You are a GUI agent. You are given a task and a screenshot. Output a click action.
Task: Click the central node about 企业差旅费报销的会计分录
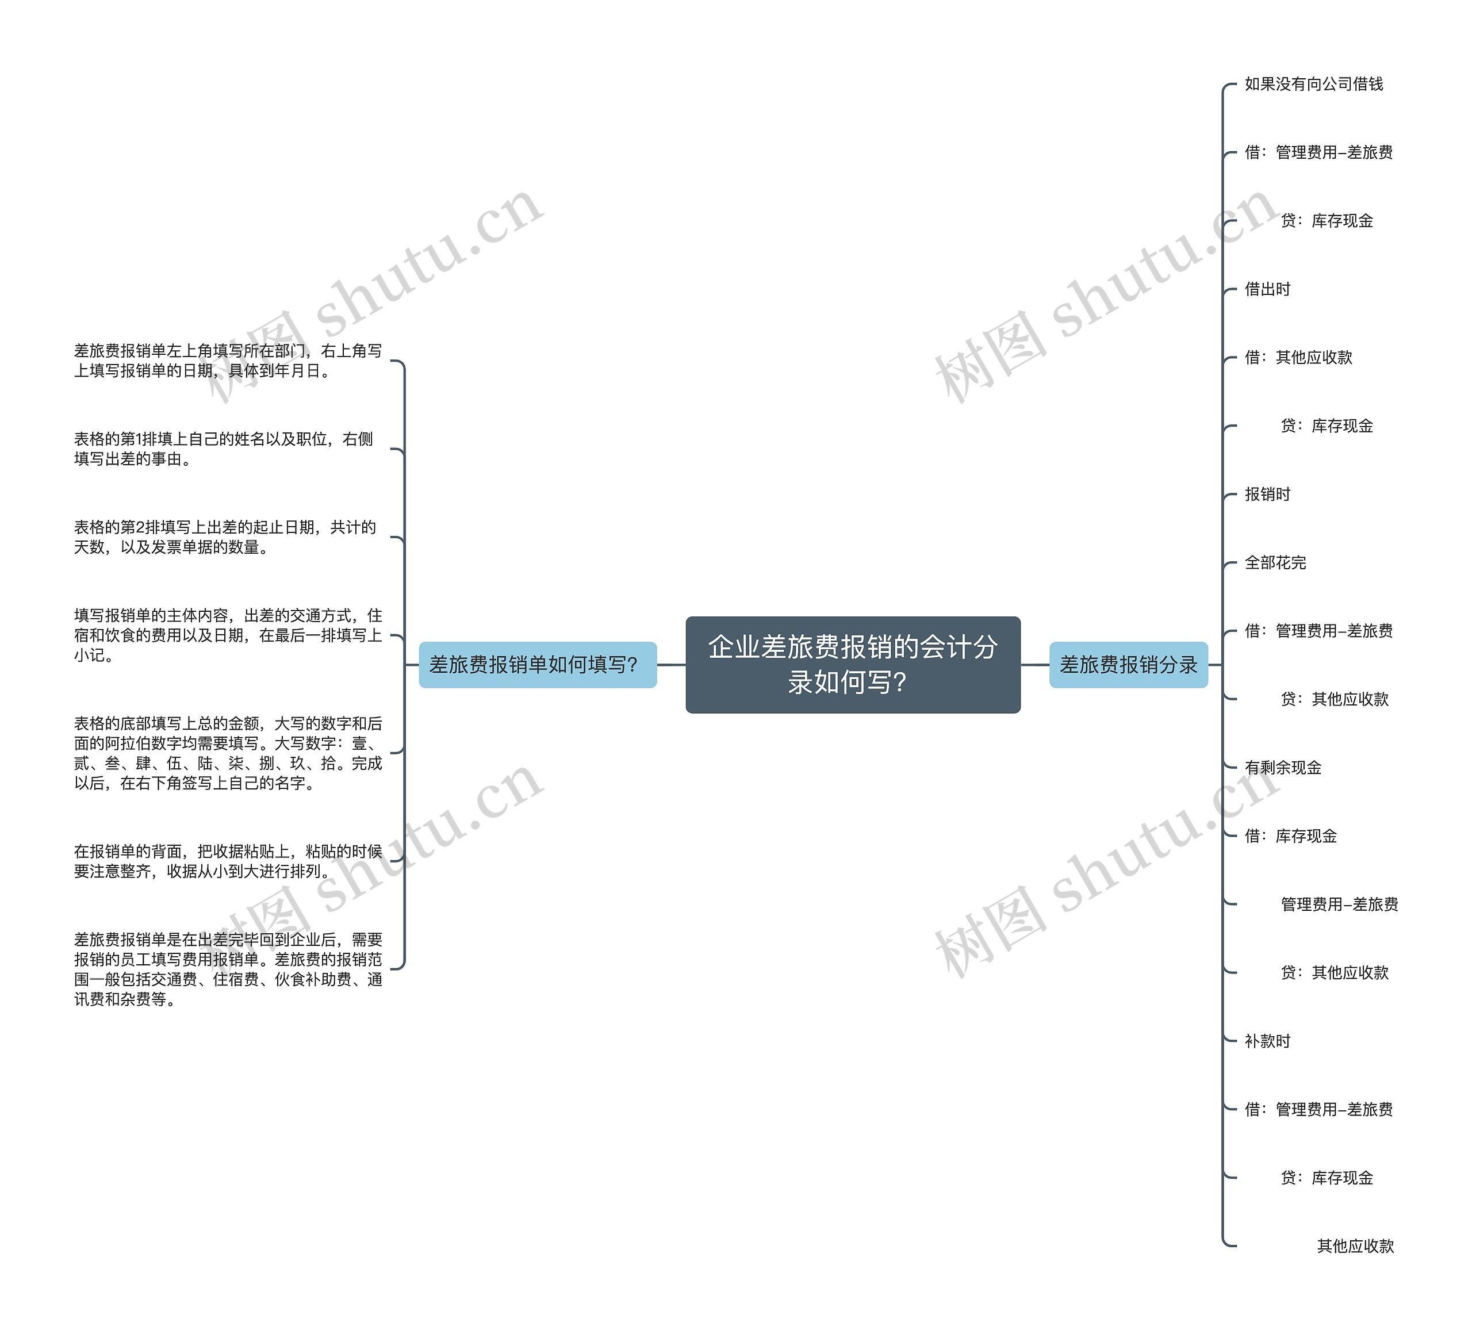(x=852, y=664)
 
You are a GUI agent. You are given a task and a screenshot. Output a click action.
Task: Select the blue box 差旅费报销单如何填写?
(x=538, y=665)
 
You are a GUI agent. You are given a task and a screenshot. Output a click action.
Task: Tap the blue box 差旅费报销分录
(x=1128, y=665)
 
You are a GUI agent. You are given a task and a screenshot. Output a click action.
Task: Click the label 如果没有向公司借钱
(x=1313, y=84)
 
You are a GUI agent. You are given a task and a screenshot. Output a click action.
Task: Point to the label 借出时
(x=1267, y=289)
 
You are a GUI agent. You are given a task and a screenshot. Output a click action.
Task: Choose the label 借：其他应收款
(x=1298, y=357)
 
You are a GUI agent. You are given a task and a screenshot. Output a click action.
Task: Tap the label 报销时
(x=1267, y=495)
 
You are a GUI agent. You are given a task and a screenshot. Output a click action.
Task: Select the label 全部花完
(x=1275, y=562)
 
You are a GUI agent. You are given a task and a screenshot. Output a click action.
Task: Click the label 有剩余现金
(x=1283, y=768)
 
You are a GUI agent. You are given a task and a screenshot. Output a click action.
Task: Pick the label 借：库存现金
(x=1290, y=836)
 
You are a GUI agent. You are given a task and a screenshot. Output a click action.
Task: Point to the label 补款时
(x=1267, y=1041)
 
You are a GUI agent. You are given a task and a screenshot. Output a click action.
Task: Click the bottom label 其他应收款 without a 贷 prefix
(x=1355, y=1246)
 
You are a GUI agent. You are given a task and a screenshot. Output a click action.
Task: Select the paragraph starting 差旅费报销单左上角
(x=228, y=361)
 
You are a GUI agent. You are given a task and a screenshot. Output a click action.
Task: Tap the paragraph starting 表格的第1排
(x=224, y=449)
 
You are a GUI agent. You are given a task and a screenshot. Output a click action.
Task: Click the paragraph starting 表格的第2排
(x=225, y=537)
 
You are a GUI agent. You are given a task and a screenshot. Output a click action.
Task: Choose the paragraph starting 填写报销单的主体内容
(x=228, y=635)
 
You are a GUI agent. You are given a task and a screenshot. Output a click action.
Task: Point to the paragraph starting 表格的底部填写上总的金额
(x=228, y=753)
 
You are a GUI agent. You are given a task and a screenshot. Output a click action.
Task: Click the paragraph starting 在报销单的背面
(x=228, y=861)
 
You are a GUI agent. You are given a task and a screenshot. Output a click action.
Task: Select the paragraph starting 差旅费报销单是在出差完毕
(x=228, y=969)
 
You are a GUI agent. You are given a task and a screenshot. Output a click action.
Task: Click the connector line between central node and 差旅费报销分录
(x=1034, y=665)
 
